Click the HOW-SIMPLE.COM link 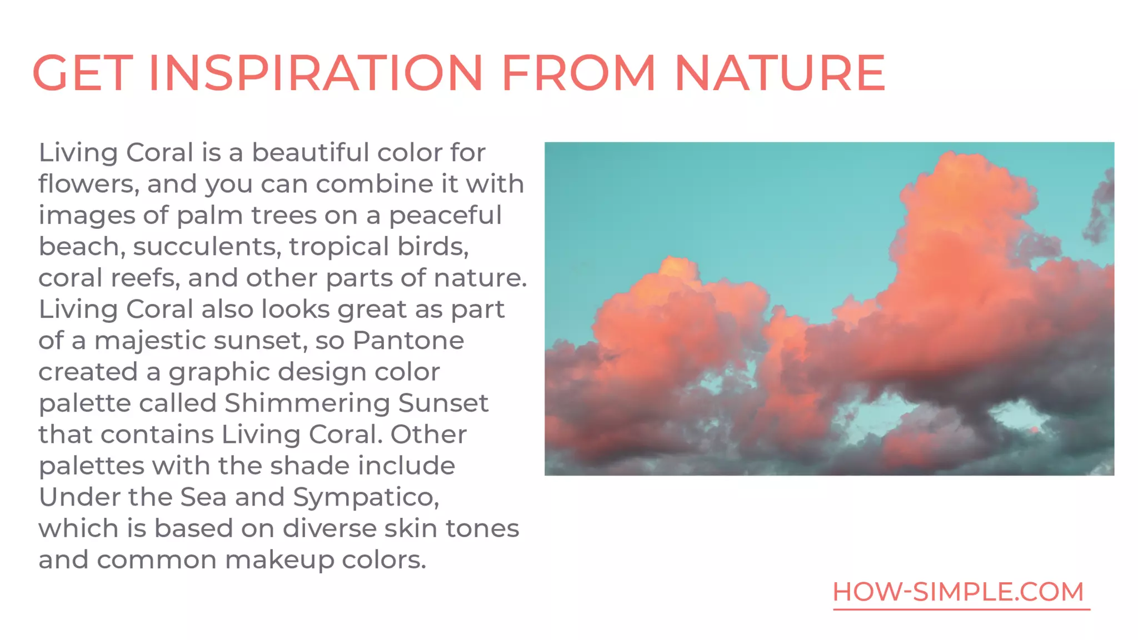pos(959,592)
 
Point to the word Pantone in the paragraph pos(408,340)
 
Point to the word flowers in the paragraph pos(88,184)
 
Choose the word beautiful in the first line pos(311,152)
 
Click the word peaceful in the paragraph pos(445,215)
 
